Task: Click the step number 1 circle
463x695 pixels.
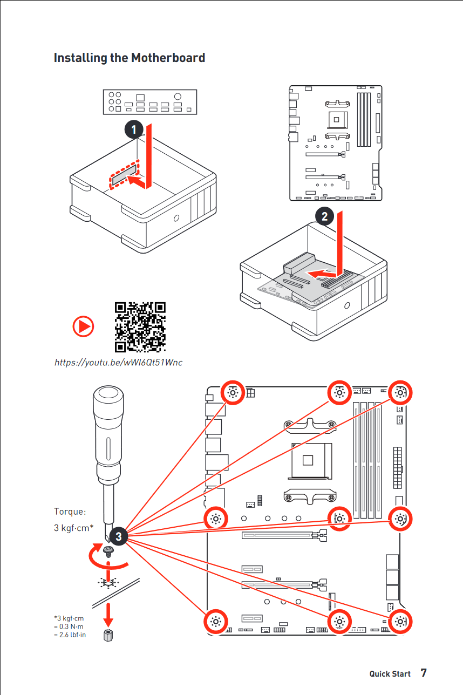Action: [x=133, y=130]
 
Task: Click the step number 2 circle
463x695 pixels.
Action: [x=324, y=216]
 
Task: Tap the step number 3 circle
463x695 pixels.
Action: [x=118, y=536]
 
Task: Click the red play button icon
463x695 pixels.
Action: [x=84, y=326]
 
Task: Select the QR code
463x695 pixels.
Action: [x=140, y=326]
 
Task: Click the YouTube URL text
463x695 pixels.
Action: [x=118, y=362]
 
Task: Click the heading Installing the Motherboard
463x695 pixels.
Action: [x=129, y=58]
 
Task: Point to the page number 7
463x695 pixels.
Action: [x=424, y=673]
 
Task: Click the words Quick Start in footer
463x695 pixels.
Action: [x=390, y=674]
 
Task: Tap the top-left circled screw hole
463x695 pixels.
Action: [x=233, y=393]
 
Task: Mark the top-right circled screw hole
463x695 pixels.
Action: [x=400, y=393]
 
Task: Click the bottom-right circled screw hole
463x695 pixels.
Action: [x=400, y=621]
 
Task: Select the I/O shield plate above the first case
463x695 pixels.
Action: [x=150, y=101]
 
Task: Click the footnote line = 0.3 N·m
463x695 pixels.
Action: [x=69, y=626]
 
